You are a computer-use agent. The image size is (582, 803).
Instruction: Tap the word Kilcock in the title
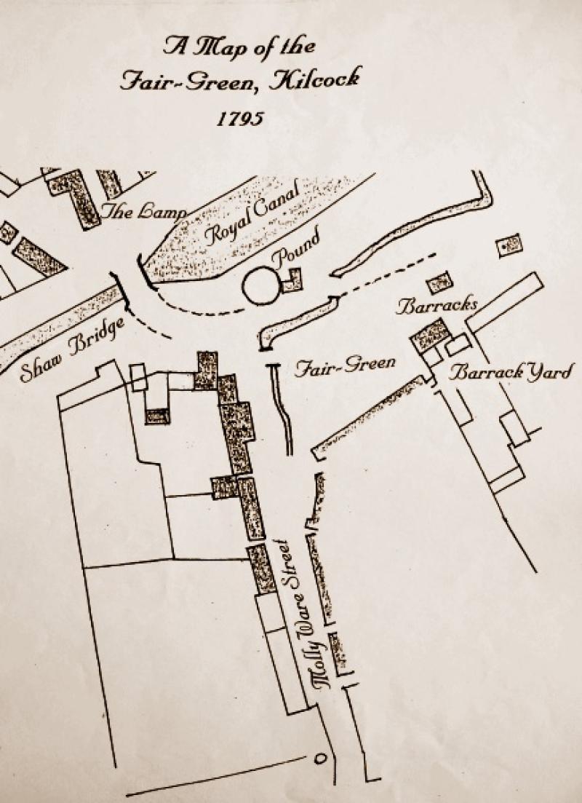click(314, 79)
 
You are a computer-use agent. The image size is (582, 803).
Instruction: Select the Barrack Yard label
click(511, 373)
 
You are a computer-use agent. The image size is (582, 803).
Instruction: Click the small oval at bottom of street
click(318, 759)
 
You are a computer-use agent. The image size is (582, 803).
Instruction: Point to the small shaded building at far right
click(509, 245)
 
